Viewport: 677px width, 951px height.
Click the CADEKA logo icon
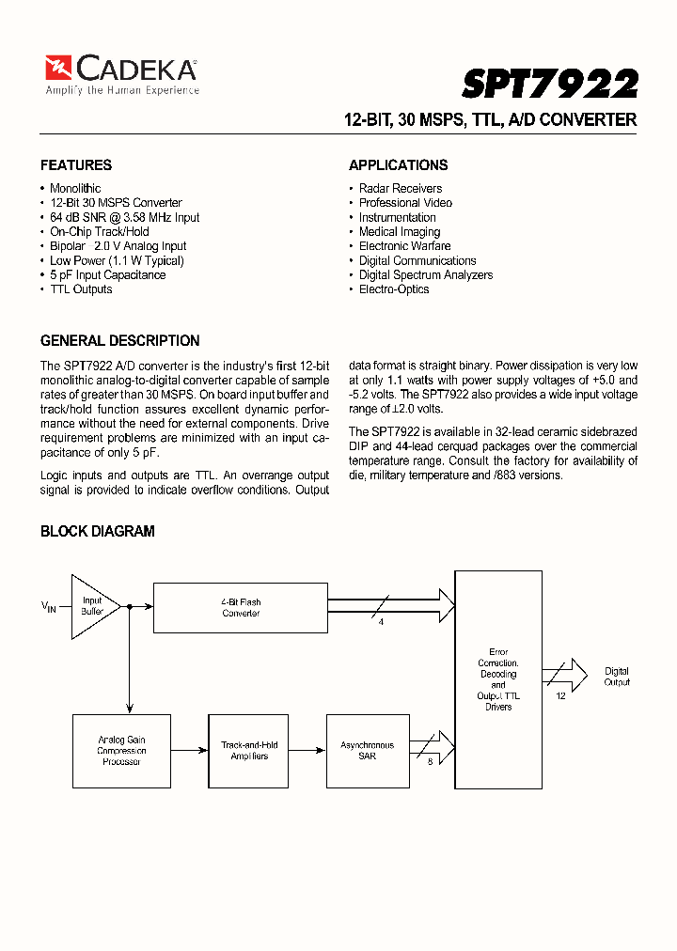[x=58, y=68]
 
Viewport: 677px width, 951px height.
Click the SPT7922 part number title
[x=550, y=85]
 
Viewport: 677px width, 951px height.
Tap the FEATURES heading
[x=76, y=165]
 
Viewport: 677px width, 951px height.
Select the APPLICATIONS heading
[x=398, y=165]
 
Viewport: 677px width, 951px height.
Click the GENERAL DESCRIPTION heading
[x=119, y=341]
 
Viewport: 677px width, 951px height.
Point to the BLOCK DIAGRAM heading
[x=97, y=532]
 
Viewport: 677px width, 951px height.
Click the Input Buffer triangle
[x=93, y=606]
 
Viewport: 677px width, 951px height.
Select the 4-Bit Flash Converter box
[x=241, y=607]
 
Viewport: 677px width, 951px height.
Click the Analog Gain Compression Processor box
[x=121, y=750]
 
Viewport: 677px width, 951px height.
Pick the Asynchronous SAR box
[x=367, y=750]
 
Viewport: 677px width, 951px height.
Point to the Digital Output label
[x=617, y=677]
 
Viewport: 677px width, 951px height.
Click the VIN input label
[x=49, y=608]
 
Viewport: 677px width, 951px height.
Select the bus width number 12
[x=561, y=696]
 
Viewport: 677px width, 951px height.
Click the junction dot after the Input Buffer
[x=129, y=607]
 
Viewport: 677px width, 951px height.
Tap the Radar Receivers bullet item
[x=400, y=189]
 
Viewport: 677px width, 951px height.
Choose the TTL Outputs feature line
[x=81, y=289]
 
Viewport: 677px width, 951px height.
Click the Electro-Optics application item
[x=394, y=289]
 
